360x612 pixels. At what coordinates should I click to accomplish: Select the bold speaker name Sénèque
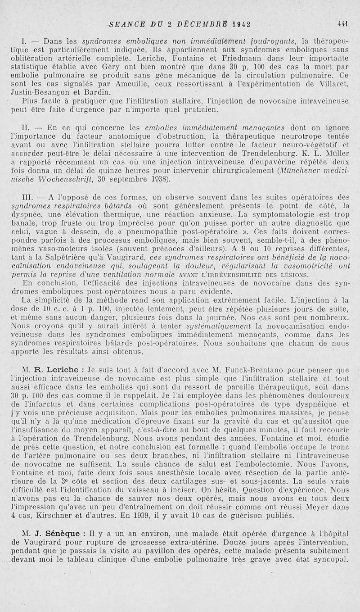[x=64, y=533]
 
